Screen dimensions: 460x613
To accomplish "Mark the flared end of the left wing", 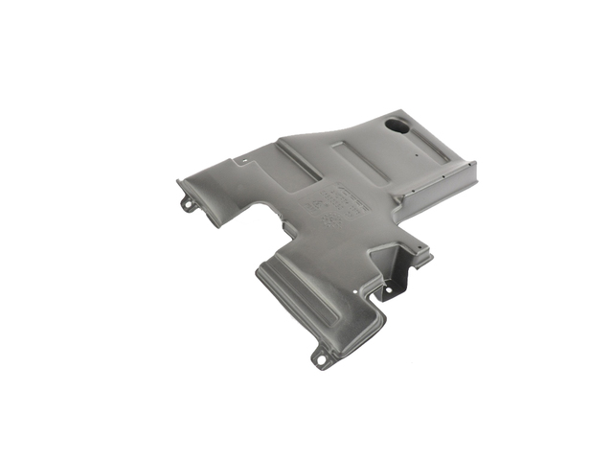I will pyautogui.click(x=192, y=182).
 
